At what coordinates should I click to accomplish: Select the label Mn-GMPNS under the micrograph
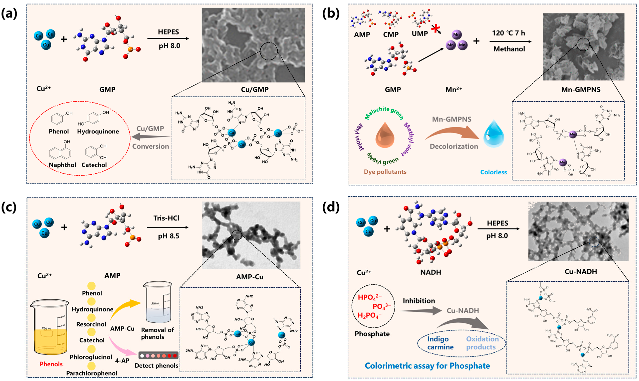tap(581, 90)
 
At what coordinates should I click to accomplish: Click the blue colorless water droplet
tap(493, 134)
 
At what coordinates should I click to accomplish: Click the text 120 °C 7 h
tap(508, 33)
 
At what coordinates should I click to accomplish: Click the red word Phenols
tap(51, 364)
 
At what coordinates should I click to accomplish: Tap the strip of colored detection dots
tap(158, 356)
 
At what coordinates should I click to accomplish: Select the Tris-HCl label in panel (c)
tap(166, 218)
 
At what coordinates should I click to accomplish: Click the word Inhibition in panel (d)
tap(419, 301)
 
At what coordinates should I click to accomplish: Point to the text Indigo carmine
tap(440, 343)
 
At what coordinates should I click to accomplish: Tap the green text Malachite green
tap(384, 112)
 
